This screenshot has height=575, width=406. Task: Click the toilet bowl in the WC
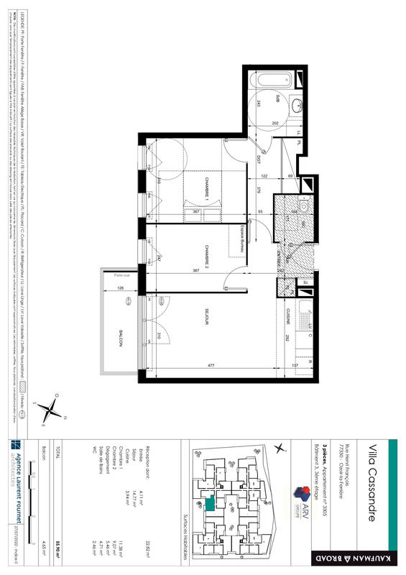pos(303,208)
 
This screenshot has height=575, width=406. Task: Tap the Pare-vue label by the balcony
pos(111,275)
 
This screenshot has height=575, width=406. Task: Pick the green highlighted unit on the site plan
pos(208,506)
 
